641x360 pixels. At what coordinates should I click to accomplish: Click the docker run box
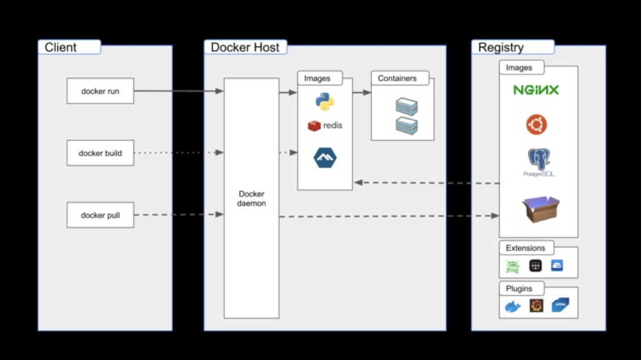pyautogui.click(x=100, y=91)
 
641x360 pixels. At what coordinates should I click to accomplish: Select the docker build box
pyautogui.click(x=100, y=153)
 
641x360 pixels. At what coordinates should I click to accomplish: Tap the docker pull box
pyautogui.click(x=100, y=215)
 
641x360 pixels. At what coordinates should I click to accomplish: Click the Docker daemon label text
pyautogui.click(x=251, y=199)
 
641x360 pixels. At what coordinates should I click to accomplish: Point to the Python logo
pyautogui.click(x=324, y=102)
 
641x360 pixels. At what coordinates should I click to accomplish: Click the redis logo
pyautogui.click(x=325, y=125)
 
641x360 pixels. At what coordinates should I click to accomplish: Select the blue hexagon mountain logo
pyautogui.click(x=325, y=157)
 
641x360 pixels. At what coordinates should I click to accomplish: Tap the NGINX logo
pyautogui.click(x=536, y=90)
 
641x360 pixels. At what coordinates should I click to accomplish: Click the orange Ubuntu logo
pyautogui.click(x=536, y=125)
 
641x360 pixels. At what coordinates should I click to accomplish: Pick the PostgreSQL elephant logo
pyautogui.click(x=539, y=160)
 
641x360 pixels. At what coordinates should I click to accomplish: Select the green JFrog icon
pyautogui.click(x=512, y=266)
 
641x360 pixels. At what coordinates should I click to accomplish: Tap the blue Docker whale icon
pyautogui.click(x=513, y=306)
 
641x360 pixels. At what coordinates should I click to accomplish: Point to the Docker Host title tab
pyautogui.click(x=245, y=47)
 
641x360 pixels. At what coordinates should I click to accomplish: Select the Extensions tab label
pyautogui.click(x=526, y=247)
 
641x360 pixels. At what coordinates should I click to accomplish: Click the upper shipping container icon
pyautogui.click(x=406, y=106)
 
